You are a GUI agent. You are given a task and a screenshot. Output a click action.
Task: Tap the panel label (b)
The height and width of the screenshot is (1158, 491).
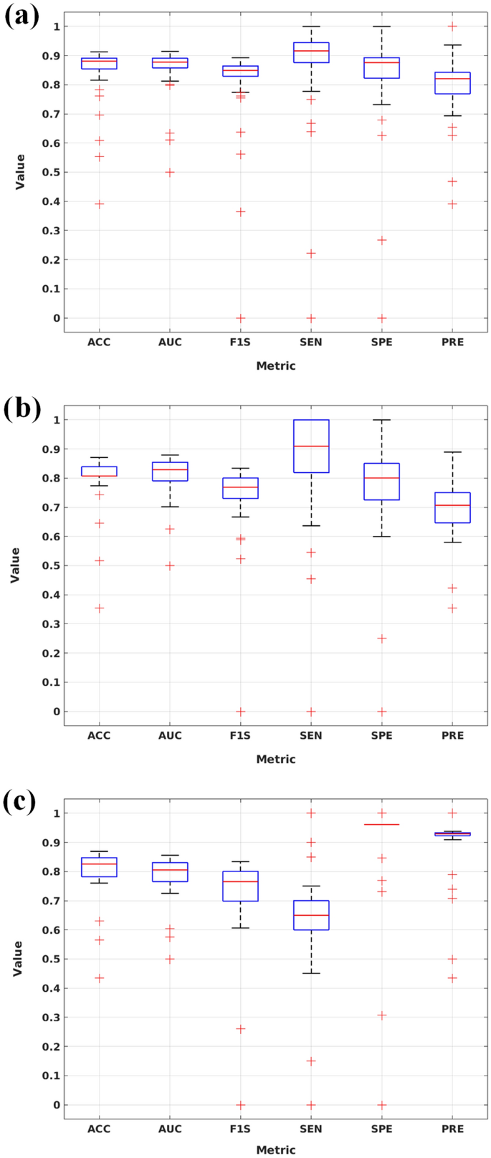[x=22, y=409]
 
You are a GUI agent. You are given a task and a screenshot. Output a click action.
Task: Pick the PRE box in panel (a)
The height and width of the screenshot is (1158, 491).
[x=453, y=83]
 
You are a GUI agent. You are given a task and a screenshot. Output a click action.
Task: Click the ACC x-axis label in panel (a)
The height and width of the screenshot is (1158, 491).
[x=99, y=343]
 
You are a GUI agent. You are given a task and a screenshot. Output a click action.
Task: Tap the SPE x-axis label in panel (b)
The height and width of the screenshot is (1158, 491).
[x=382, y=736]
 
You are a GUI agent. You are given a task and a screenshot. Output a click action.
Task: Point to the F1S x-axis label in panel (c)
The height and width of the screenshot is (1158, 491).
[x=241, y=1129]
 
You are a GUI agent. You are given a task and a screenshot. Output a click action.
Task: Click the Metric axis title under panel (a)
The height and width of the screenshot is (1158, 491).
[x=276, y=366]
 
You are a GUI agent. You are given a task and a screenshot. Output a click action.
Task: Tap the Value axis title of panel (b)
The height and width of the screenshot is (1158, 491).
[x=16, y=565]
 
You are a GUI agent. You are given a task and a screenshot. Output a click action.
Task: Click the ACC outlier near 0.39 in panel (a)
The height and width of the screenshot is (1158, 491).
[x=100, y=204]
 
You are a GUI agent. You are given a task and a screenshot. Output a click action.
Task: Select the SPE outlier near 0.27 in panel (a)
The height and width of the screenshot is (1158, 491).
[x=382, y=241]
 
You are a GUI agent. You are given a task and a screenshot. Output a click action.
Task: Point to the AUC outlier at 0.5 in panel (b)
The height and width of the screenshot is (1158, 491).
[x=170, y=565]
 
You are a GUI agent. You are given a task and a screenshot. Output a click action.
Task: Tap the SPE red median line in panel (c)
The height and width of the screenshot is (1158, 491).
[x=382, y=825]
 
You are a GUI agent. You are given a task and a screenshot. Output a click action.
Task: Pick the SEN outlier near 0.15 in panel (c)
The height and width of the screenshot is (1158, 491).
[x=311, y=1061]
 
